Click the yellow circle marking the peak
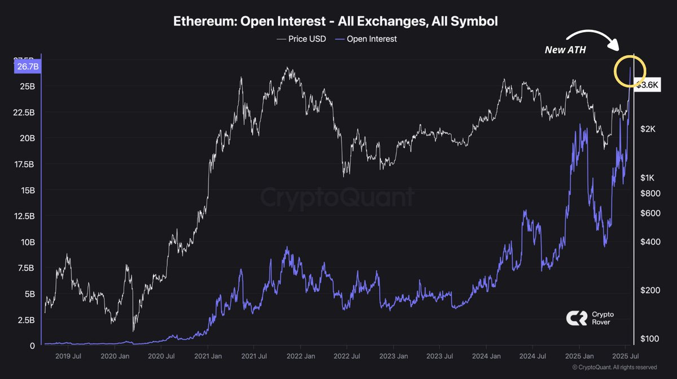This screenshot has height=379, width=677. (630, 71)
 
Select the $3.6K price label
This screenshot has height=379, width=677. (647, 85)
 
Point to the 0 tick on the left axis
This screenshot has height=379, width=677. (32, 345)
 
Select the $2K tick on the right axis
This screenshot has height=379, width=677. (648, 129)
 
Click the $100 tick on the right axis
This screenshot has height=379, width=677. (649, 338)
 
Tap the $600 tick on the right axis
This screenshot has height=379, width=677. (649, 213)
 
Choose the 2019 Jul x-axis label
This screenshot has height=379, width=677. (67, 356)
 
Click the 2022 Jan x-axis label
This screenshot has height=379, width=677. (301, 356)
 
